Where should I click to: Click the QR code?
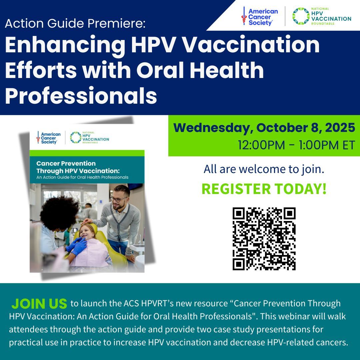point(264,239)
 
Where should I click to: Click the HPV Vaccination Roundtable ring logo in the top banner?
point(301,16)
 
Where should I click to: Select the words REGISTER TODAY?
point(264,189)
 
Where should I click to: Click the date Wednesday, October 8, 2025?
point(264,128)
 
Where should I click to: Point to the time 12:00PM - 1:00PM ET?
point(296,145)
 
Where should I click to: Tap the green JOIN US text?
point(39,304)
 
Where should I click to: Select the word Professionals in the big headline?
point(81,96)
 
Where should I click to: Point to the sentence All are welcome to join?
point(264,169)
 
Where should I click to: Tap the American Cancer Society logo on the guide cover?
point(49,137)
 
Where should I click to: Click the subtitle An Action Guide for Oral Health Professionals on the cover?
point(82,177)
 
